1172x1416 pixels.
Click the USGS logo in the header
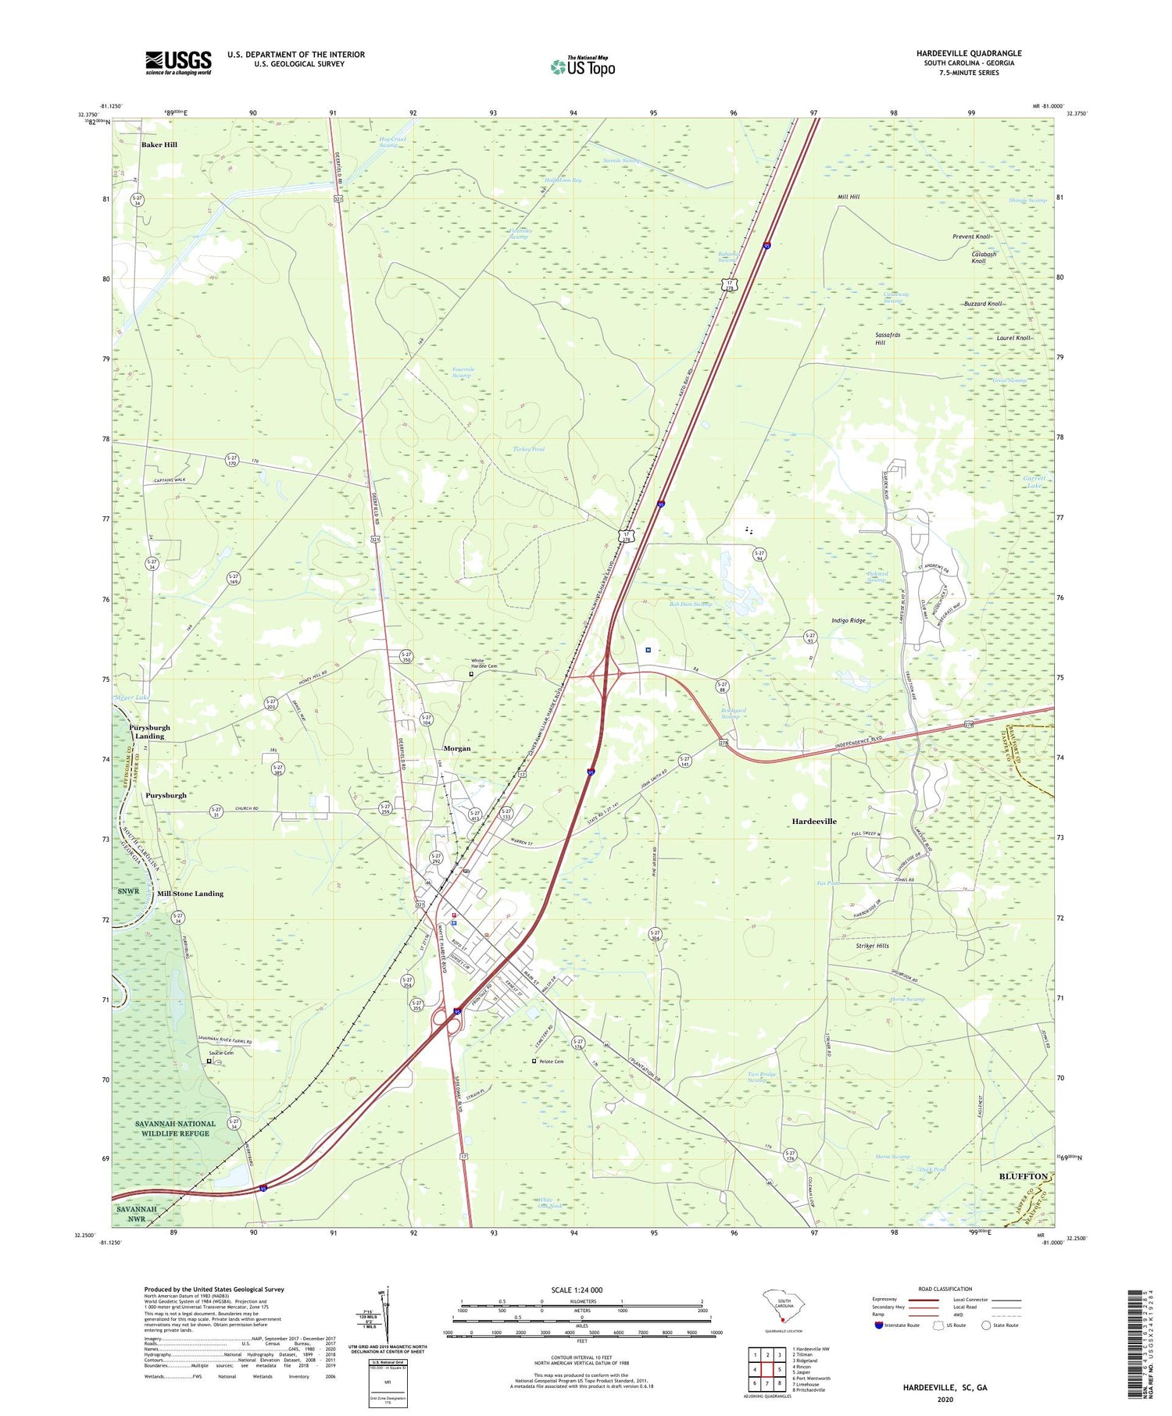(x=177, y=62)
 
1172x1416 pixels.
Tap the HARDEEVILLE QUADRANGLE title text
(x=969, y=53)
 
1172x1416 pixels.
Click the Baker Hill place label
(x=159, y=144)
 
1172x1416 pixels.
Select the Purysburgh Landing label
(x=149, y=732)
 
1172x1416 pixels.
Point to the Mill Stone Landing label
(x=190, y=893)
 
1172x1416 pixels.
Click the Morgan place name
(x=457, y=748)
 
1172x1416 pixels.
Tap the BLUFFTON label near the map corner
(x=1023, y=1175)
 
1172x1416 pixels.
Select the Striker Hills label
(x=872, y=946)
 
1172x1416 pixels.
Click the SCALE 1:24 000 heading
(x=581, y=1289)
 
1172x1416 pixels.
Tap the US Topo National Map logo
(x=583, y=66)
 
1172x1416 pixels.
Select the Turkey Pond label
(x=529, y=449)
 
